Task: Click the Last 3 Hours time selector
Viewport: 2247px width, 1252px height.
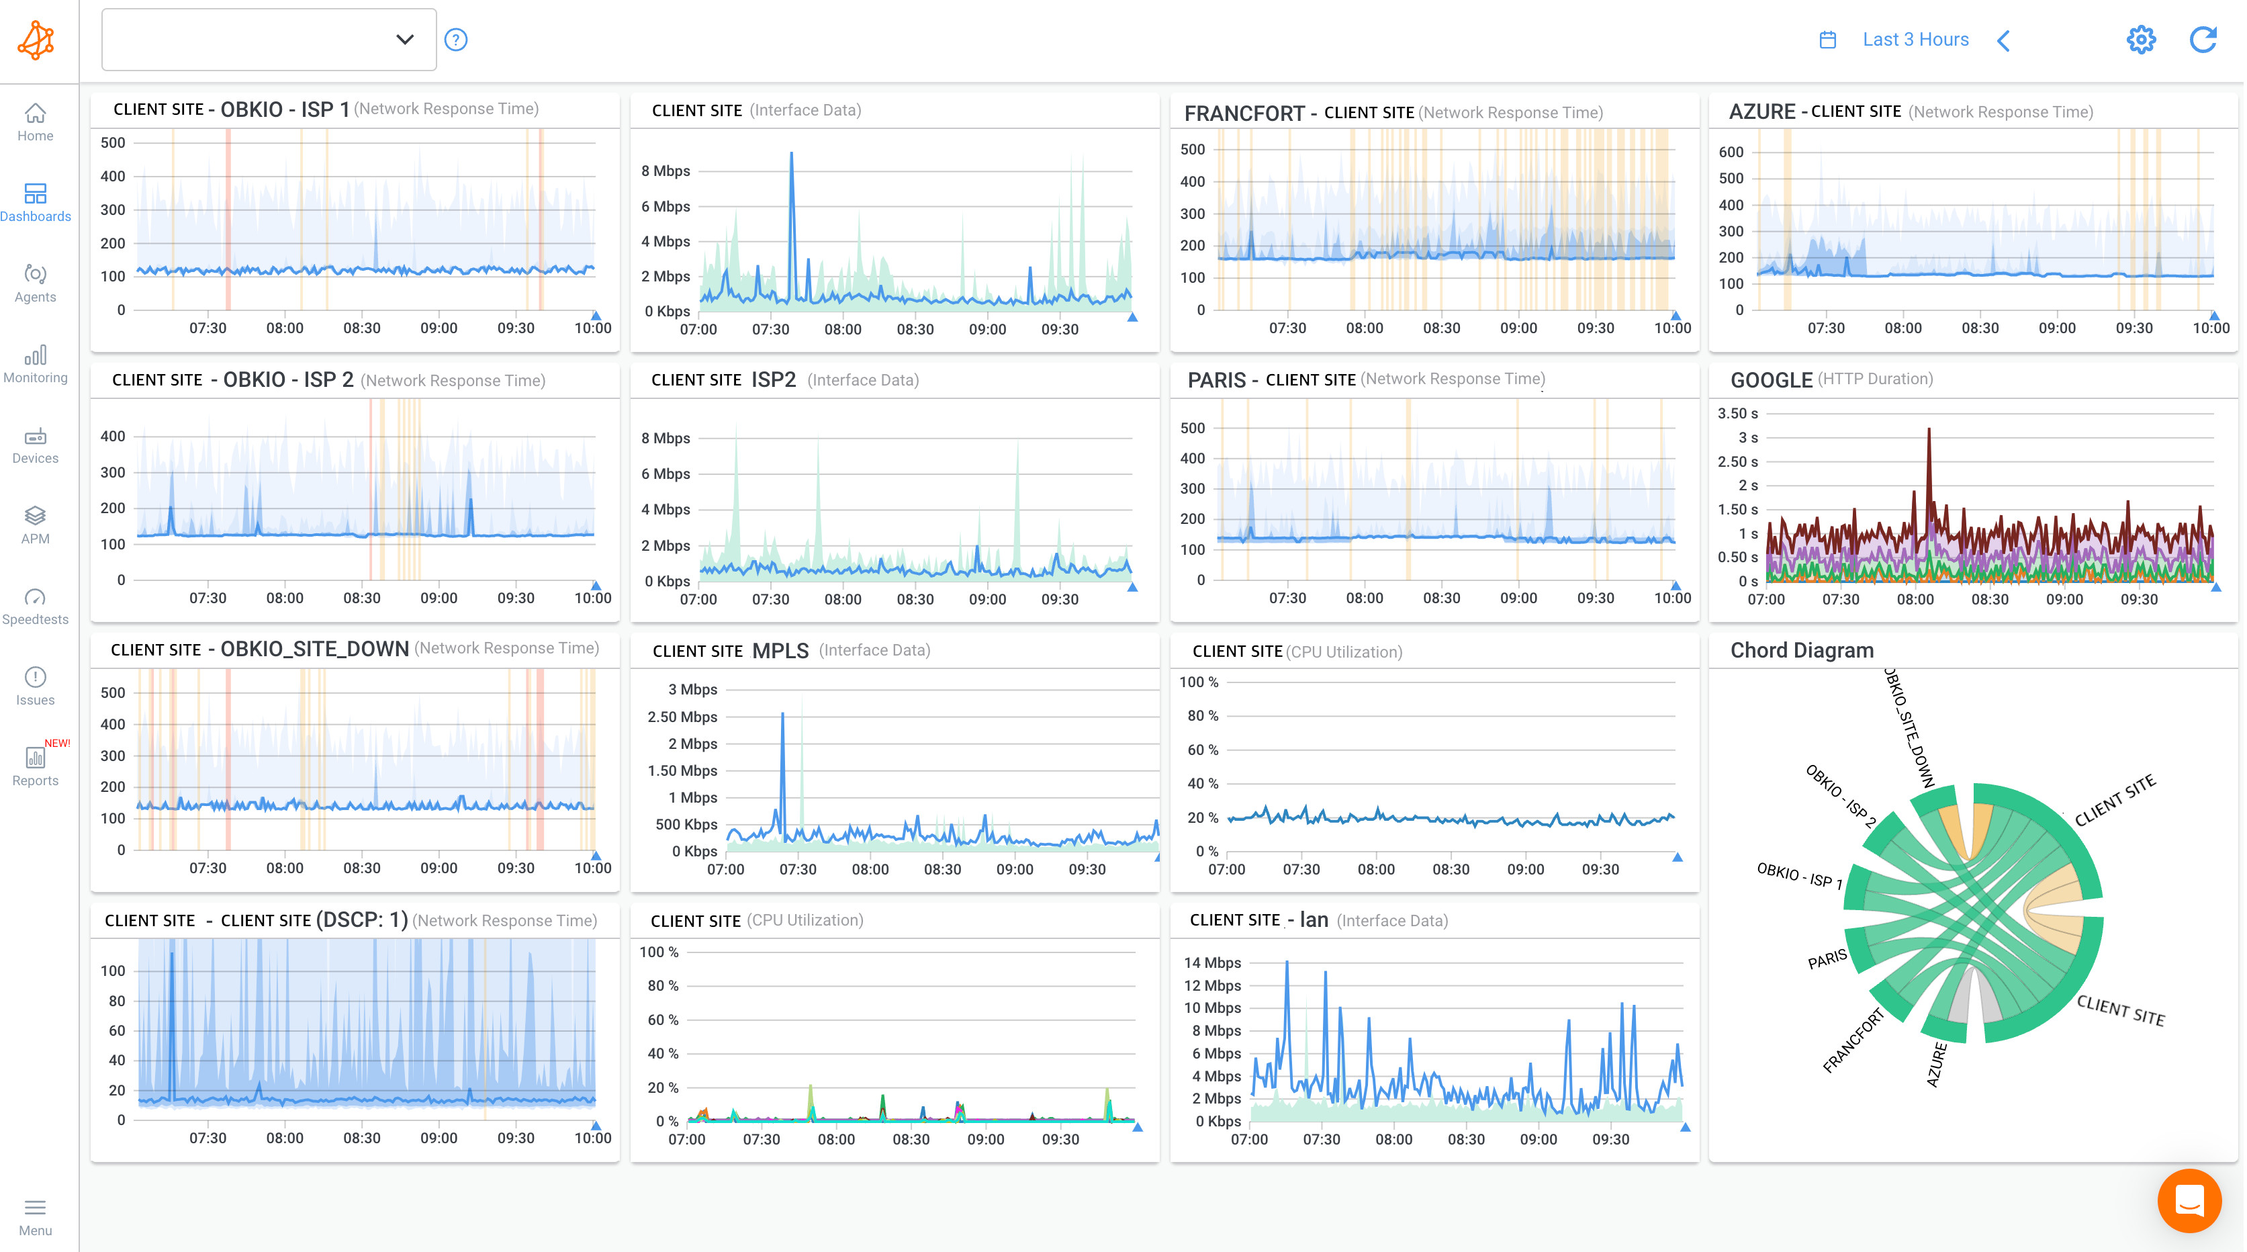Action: pos(1915,39)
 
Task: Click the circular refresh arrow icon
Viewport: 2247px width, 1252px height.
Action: pos(2203,39)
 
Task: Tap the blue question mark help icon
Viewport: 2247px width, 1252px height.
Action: pos(456,39)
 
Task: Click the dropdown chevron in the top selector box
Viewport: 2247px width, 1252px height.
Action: pos(404,39)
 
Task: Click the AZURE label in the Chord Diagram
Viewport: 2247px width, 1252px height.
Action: pos(1935,1065)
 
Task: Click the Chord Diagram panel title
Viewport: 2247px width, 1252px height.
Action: pos(1801,650)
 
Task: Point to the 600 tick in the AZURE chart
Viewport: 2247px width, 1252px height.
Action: pos(1731,152)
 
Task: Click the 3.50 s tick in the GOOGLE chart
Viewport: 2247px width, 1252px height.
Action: pos(1737,414)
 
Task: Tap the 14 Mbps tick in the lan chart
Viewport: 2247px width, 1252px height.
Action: pos(1211,963)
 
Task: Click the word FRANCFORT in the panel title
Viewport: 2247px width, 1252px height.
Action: pos(1244,113)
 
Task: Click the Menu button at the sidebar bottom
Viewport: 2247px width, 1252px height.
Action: pos(35,1216)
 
